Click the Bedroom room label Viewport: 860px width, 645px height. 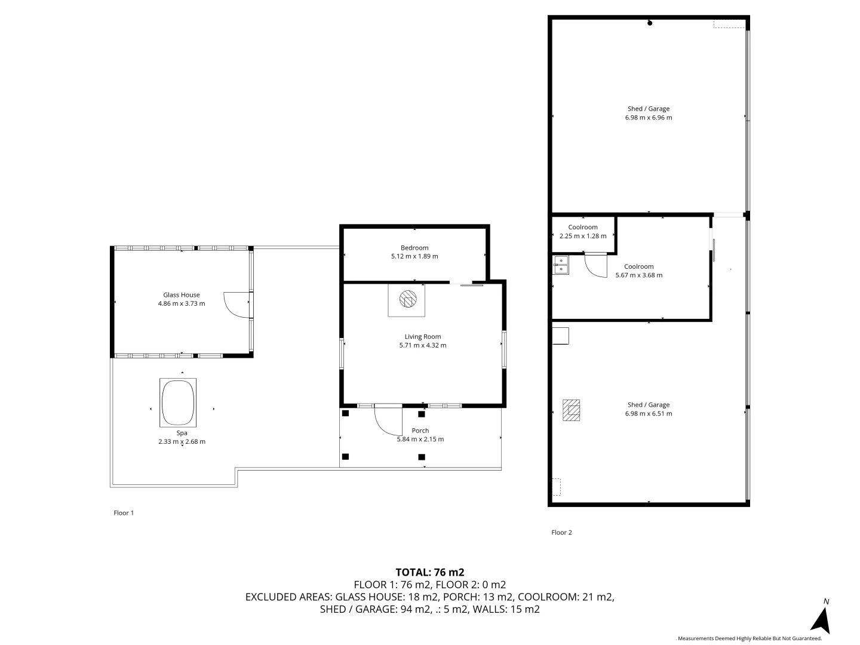click(414, 248)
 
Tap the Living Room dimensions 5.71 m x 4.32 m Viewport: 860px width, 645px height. click(422, 345)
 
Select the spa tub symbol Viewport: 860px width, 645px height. click(178, 403)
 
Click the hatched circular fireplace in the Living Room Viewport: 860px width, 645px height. click(408, 299)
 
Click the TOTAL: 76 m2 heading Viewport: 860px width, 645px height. click(430, 572)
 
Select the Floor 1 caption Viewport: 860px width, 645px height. click(124, 512)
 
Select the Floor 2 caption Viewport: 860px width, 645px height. click(561, 532)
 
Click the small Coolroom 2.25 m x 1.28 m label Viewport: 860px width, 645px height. click(583, 232)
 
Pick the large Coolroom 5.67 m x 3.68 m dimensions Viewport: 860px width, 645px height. click(639, 275)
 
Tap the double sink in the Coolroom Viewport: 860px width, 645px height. click(561, 265)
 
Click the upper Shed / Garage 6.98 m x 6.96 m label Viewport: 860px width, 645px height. click(649, 113)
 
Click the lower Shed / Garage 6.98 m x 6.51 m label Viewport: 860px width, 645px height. click(649, 409)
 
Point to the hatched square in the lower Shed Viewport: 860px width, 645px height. click(572, 410)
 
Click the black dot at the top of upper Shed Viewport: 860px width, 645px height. click(650, 23)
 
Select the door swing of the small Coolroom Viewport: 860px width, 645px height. click(596, 265)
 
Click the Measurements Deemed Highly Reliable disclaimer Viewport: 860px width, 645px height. click(749, 638)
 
